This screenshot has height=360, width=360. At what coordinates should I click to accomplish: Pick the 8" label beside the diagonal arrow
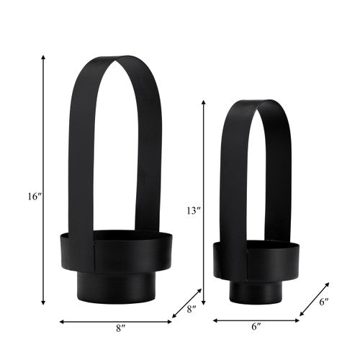tap(192, 310)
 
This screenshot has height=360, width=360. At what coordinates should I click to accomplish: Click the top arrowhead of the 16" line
tap(43, 58)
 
